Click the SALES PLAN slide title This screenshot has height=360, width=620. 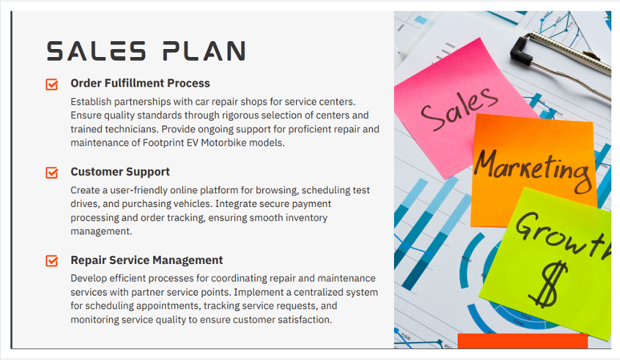(146, 51)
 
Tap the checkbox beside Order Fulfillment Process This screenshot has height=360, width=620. (52, 84)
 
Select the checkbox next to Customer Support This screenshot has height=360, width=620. (52, 172)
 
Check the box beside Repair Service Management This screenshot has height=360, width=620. (52, 261)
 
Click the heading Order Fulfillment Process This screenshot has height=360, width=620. (140, 84)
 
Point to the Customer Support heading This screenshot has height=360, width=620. (121, 172)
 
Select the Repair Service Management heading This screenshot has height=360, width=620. (147, 260)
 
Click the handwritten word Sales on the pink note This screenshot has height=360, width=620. (458, 109)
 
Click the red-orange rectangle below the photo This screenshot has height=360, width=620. (523, 341)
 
